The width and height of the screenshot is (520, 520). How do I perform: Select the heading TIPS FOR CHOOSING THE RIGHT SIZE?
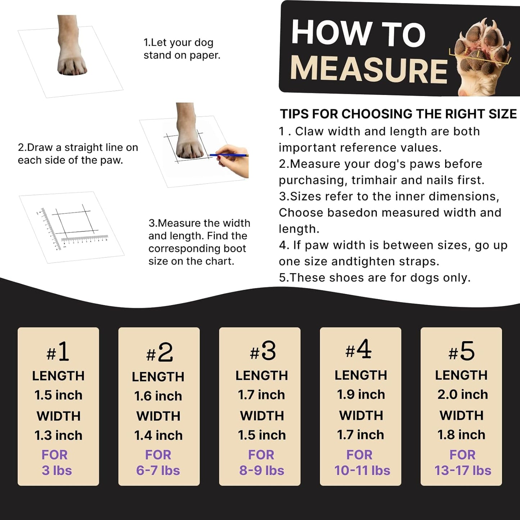(x=398, y=114)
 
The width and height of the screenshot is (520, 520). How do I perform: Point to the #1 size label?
(x=58, y=352)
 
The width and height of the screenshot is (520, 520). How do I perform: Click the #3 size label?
(x=263, y=351)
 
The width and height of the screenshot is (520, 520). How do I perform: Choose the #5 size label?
(x=462, y=352)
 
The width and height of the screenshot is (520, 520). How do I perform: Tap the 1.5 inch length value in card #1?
(x=58, y=395)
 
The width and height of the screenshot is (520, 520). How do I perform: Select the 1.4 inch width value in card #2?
(x=158, y=435)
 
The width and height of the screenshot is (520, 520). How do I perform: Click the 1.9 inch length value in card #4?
(x=361, y=394)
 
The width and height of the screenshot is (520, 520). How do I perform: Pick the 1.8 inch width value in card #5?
(x=461, y=435)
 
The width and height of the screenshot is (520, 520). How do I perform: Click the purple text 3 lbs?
(x=57, y=470)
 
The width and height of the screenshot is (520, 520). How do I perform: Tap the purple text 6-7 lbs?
(x=158, y=470)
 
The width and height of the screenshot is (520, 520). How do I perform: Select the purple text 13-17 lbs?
(x=462, y=470)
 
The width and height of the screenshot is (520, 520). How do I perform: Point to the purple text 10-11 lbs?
(x=362, y=470)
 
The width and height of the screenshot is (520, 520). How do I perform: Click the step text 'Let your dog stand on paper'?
(x=182, y=49)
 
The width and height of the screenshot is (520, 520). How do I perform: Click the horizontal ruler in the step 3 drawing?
(x=85, y=239)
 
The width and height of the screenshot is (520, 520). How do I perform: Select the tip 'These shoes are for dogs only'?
(x=374, y=278)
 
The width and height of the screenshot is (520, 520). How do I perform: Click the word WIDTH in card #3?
(x=262, y=416)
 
